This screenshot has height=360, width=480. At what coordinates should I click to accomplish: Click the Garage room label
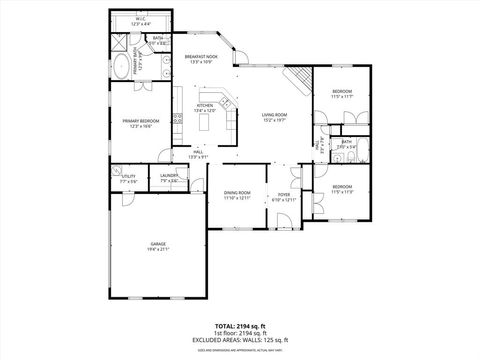pos(158,244)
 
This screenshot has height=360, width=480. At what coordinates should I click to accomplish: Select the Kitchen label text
pos(204,105)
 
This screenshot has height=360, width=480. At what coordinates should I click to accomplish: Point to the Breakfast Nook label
pos(200,58)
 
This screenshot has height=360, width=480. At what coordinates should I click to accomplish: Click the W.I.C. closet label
pos(140,20)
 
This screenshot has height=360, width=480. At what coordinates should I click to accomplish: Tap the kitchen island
pos(207,122)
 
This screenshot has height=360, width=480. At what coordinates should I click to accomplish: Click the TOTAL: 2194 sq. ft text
pos(239,326)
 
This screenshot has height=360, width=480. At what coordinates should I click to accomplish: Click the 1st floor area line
pos(239,333)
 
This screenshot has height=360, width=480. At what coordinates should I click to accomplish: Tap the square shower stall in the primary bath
pos(120,43)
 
